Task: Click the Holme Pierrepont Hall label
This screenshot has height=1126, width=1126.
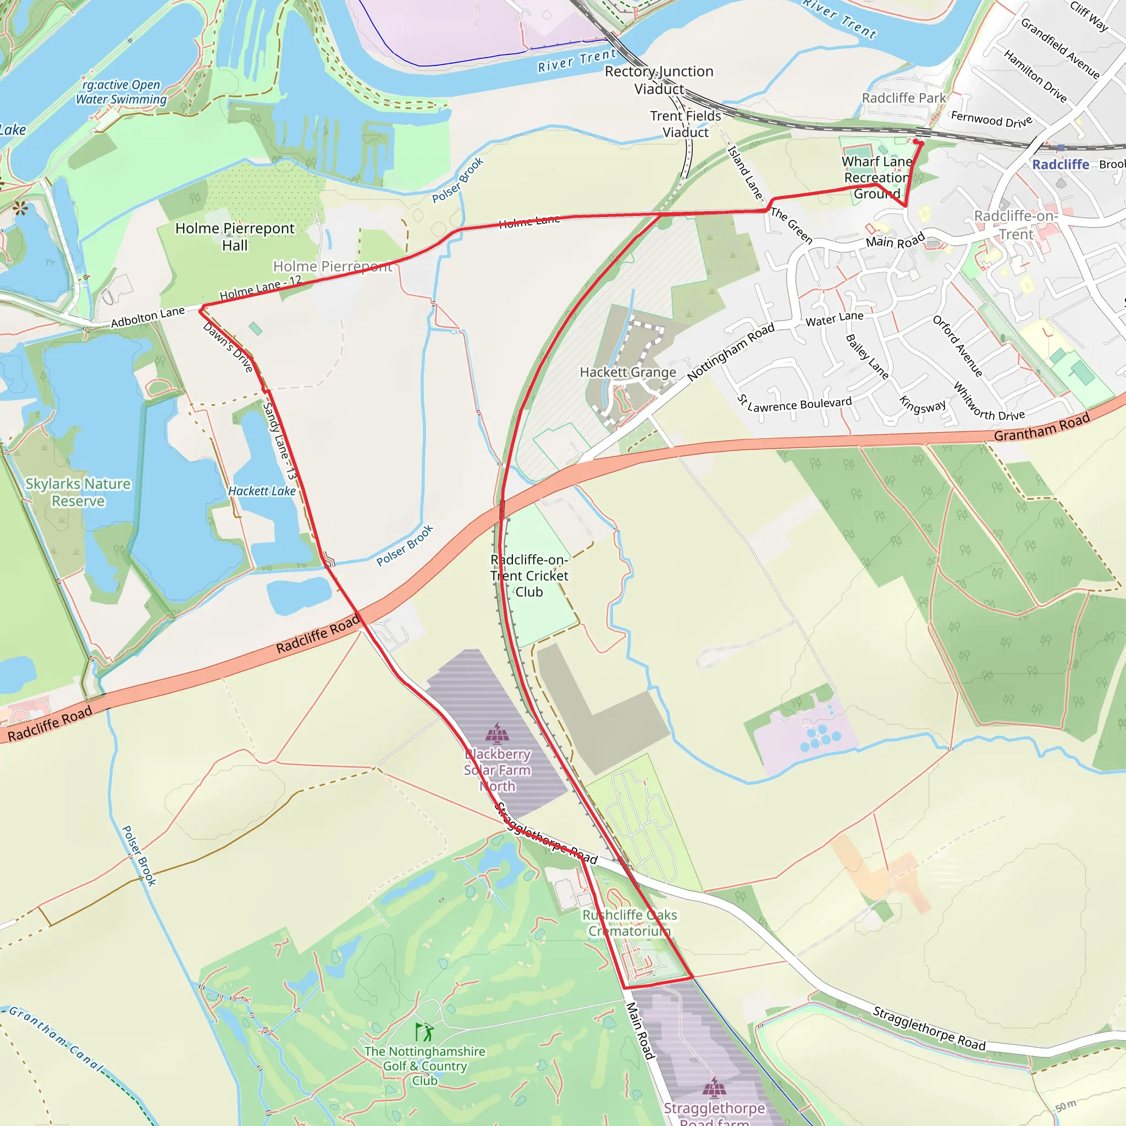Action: [x=235, y=236]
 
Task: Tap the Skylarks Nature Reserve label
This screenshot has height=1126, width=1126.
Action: [x=78, y=493]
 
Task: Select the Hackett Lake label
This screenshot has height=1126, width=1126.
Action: [x=262, y=492]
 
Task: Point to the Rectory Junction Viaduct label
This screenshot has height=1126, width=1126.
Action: [x=659, y=80]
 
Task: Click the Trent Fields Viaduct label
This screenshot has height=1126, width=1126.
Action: [x=686, y=124]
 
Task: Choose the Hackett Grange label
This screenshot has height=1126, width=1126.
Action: [x=628, y=372]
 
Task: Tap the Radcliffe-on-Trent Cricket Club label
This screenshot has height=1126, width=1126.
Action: [x=529, y=575]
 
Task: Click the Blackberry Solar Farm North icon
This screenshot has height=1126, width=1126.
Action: [x=496, y=734]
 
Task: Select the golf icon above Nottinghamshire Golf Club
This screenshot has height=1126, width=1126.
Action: [x=424, y=1033]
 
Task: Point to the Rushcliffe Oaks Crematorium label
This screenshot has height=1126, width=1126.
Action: [x=630, y=923]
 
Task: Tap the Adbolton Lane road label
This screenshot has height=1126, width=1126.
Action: [x=147, y=317]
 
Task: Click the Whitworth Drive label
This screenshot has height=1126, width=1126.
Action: [x=989, y=402]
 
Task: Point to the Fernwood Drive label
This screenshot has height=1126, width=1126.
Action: [x=991, y=119]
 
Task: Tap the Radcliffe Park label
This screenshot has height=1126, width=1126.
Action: [x=903, y=98]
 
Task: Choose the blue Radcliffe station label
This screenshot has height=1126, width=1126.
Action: [x=1060, y=164]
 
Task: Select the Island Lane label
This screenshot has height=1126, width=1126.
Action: [x=746, y=172]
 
